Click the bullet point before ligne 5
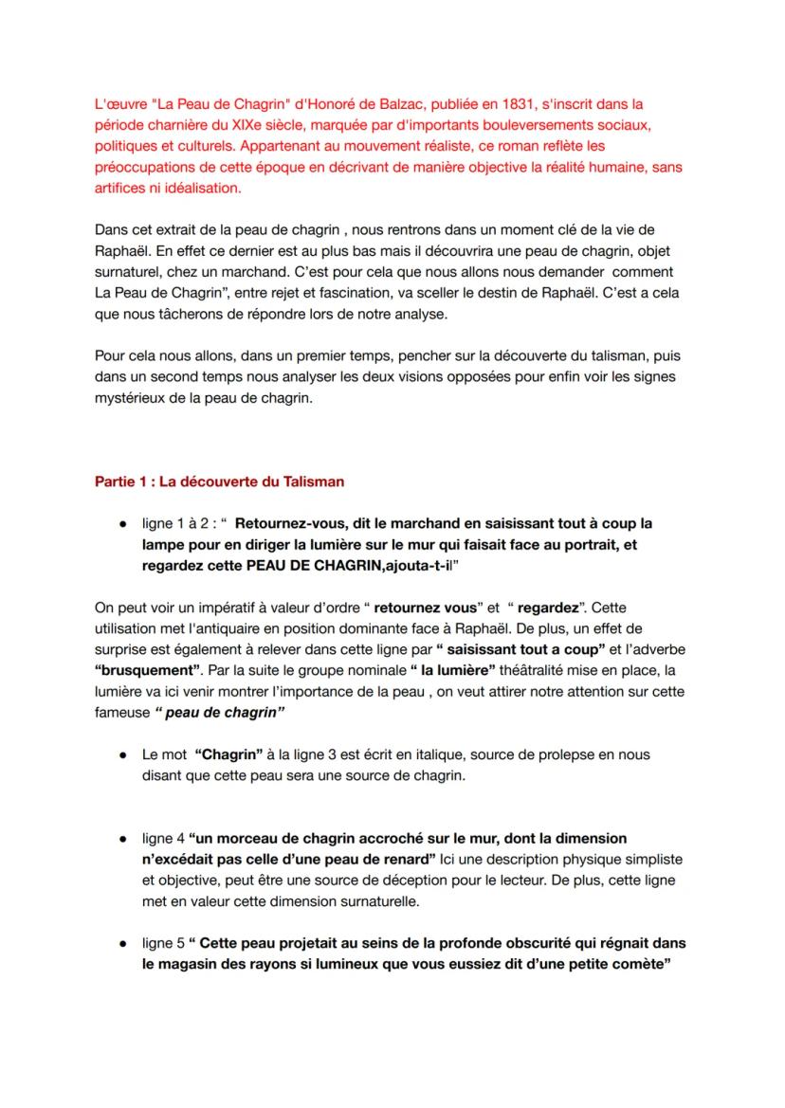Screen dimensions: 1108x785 (123, 944)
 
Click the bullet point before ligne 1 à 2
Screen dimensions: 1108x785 (123, 524)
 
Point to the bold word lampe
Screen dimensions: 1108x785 (162, 545)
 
